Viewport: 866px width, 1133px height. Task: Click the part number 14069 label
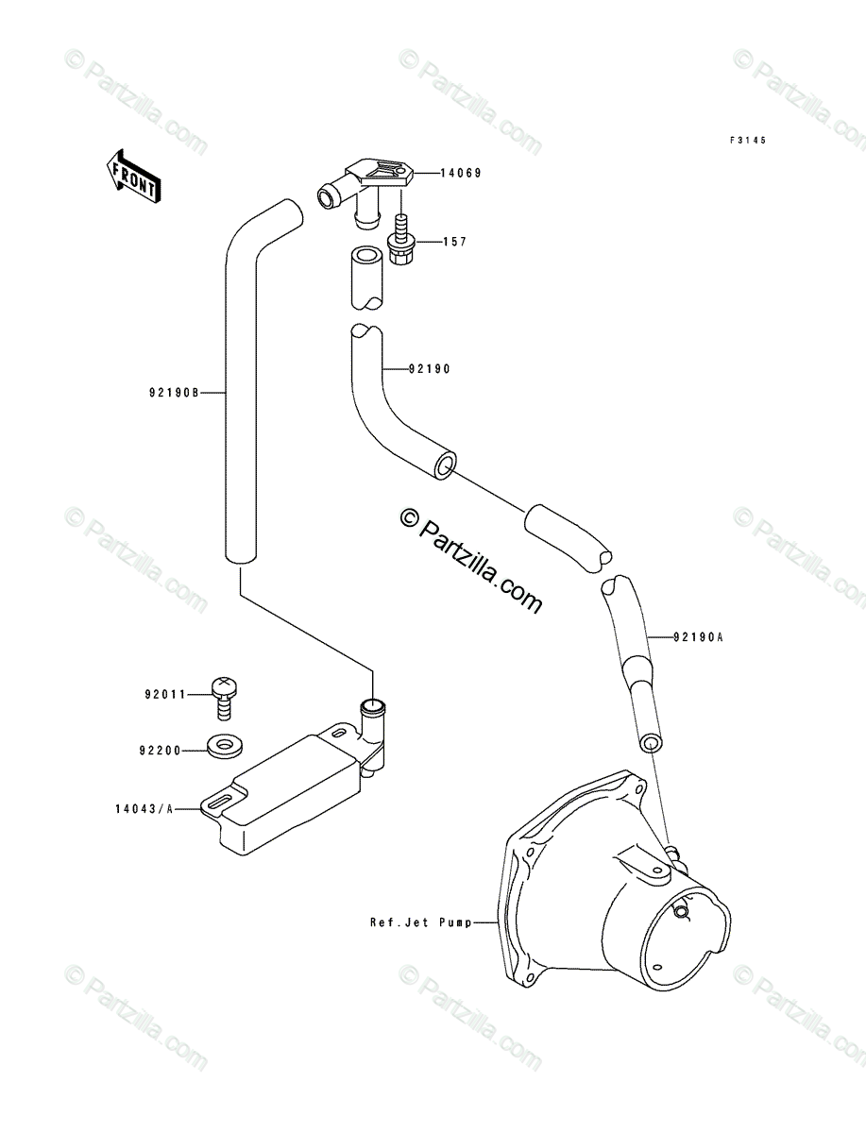[460, 174]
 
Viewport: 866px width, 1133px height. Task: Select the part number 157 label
[454, 243]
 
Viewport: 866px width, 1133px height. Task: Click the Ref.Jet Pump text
[419, 922]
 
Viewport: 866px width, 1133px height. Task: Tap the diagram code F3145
[747, 141]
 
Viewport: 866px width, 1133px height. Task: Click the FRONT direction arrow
[131, 175]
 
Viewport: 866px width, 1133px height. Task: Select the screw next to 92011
[225, 697]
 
